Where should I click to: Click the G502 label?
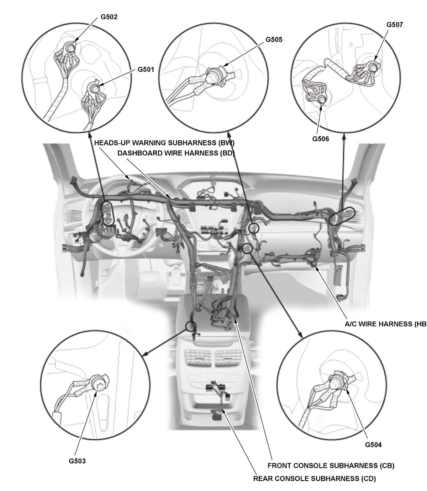[x=109, y=17]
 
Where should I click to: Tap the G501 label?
[x=146, y=69]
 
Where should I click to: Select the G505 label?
[x=274, y=39]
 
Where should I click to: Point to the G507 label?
[x=395, y=25]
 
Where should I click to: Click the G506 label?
[x=321, y=139]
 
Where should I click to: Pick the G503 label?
[x=77, y=461]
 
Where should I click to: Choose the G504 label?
[x=373, y=445]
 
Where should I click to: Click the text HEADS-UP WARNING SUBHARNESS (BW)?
[x=164, y=143]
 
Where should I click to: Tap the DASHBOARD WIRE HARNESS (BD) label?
[x=176, y=153]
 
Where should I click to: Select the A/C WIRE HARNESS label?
[x=385, y=324]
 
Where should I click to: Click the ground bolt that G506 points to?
[x=322, y=99]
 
